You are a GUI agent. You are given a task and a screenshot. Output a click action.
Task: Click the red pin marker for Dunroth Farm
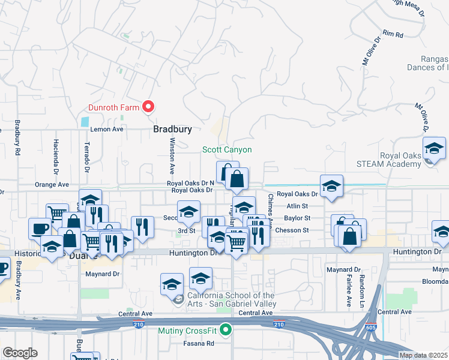click(x=148, y=107)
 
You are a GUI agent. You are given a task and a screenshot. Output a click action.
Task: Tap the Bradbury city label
click(x=172, y=129)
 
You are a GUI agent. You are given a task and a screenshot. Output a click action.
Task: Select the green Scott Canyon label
click(x=226, y=149)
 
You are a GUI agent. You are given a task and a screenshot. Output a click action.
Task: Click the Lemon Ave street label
click(x=106, y=129)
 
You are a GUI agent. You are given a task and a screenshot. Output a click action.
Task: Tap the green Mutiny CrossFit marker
click(x=226, y=329)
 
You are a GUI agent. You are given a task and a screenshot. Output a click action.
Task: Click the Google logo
click(x=20, y=352)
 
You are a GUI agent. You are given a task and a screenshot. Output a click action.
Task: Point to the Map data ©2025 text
click(x=423, y=355)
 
